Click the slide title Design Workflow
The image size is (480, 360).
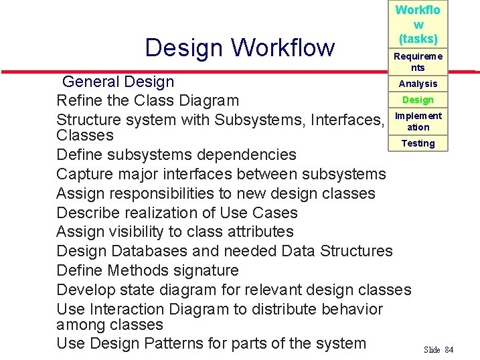pyautogui.click(x=240, y=48)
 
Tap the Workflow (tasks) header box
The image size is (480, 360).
pyautogui.click(x=418, y=24)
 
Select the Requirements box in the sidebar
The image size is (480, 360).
pyautogui.click(x=418, y=62)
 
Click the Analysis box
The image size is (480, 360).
pyautogui.click(x=418, y=84)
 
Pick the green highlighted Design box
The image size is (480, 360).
pyautogui.click(x=418, y=100)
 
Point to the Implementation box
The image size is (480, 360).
pyautogui.click(x=418, y=121)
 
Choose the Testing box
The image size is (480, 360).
pyautogui.click(x=418, y=143)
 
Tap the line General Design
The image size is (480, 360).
pyautogui.click(x=118, y=82)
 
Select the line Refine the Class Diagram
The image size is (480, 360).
pyautogui.click(x=147, y=101)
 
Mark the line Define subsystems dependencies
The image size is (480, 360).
pyautogui.click(x=176, y=155)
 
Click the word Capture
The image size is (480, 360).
pyautogui.click(x=83, y=174)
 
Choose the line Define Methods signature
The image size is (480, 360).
pyautogui.click(x=147, y=270)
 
